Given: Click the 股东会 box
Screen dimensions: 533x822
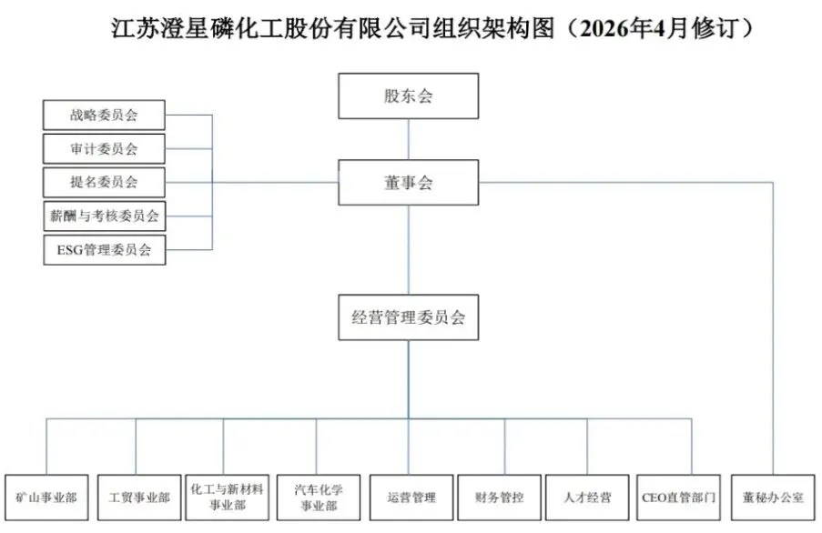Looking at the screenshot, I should [x=408, y=96].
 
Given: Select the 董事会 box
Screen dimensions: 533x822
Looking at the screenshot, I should [x=408, y=183].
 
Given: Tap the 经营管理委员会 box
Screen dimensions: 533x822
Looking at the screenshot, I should [x=408, y=317].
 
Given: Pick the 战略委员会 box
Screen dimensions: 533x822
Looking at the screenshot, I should [x=105, y=116].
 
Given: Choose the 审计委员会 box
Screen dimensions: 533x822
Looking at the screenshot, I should [x=105, y=148].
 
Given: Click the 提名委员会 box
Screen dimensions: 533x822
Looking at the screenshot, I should [x=105, y=182].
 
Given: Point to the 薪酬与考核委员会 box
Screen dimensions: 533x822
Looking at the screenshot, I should [x=105, y=216].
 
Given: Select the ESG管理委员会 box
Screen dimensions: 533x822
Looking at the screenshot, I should [x=105, y=249].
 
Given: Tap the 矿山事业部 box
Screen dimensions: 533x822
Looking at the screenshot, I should [x=46, y=498].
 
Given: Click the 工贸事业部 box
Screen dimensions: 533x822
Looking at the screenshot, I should [x=138, y=498].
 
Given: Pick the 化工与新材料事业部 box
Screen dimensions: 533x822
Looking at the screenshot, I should [x=228, y=498].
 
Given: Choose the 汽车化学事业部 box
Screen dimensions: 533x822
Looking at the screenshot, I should [x=318, y=498].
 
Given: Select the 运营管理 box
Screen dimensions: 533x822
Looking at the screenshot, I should [x=411, y=498].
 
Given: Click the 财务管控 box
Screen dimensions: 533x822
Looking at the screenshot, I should [x=500, y=498].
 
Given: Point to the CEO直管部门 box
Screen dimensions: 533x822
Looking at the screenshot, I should [x=679, y=498].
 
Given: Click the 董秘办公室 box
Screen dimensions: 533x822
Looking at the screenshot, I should [x=773, y=498].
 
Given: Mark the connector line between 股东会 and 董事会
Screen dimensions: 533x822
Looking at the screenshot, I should [x=408, y=139].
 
